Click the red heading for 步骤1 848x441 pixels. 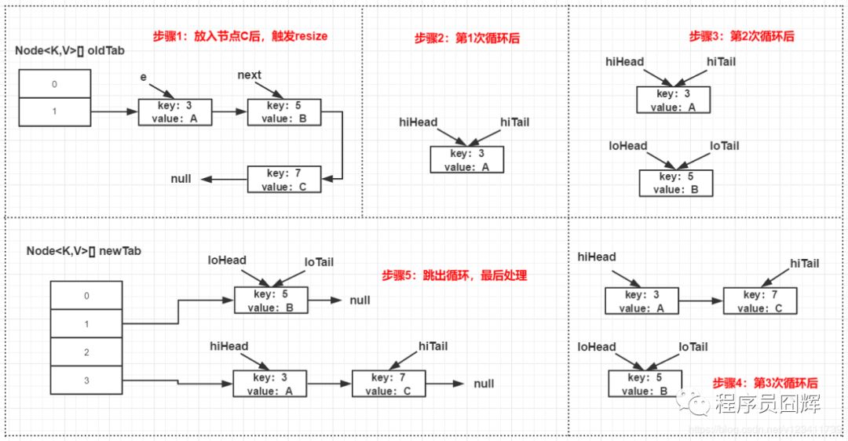coord(239,36)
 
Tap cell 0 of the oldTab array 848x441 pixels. coord(54,84)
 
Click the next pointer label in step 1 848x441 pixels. coord(249,75)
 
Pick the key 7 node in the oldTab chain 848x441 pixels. coord(283,180)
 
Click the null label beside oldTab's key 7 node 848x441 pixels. coord(181,179)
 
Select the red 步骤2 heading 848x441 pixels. coord(467,38)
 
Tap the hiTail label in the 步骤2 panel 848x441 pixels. coord(515,122)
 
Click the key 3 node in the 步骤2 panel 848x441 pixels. coord(466,160)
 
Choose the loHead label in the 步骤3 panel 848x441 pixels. coord(628,146)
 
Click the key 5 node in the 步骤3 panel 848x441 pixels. coord(674,183)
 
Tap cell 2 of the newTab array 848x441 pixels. coord(86,353)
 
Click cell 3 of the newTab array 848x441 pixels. coord(86,381)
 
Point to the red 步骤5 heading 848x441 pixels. coord(454,276)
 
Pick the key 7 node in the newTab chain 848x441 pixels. coord(389,384)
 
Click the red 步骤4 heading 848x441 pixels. coord(765,383)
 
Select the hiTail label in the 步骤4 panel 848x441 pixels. coord(804,264)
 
